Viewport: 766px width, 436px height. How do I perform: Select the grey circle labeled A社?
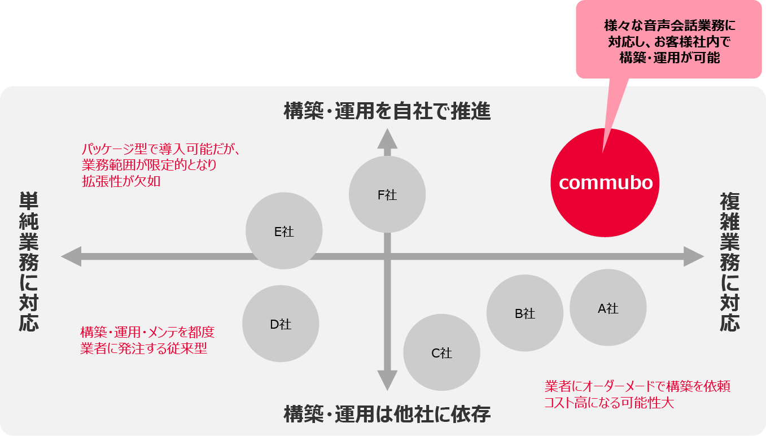[608, 308]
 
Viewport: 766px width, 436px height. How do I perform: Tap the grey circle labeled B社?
[525, 313]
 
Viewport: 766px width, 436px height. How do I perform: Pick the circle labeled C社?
[442, 353]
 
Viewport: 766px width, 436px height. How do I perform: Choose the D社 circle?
[281, 324]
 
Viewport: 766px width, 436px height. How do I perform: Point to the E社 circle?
[284, 231]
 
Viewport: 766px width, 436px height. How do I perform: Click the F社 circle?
[387, 194]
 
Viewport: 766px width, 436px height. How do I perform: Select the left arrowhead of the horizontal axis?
[71, 256]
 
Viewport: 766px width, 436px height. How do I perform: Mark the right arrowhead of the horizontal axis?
[694, 256]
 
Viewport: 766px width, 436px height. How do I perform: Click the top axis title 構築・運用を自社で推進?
[387, 112]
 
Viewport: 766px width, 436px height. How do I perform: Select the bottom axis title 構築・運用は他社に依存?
[387, 415]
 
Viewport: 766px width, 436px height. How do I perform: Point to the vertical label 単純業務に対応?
[29, 261]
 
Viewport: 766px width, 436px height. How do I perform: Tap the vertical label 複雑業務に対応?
[729, 261]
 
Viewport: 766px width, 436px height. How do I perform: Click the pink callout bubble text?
[669, 42]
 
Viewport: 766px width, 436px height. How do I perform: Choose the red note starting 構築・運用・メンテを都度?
[147, 340]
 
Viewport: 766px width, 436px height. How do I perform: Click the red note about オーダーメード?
[637, 395]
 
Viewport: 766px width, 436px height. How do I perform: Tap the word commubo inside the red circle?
[606, 182]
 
